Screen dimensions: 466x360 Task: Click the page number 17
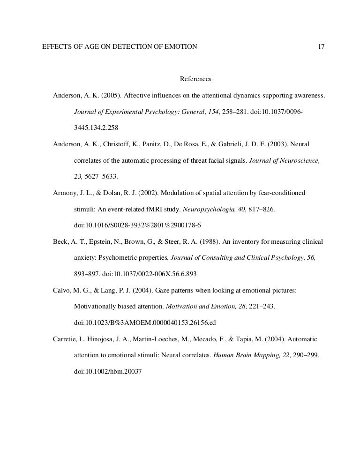[x=321, y=47]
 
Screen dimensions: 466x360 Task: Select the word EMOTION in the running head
[x=180, y=47]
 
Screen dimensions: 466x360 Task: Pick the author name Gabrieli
[x=245, y=145]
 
